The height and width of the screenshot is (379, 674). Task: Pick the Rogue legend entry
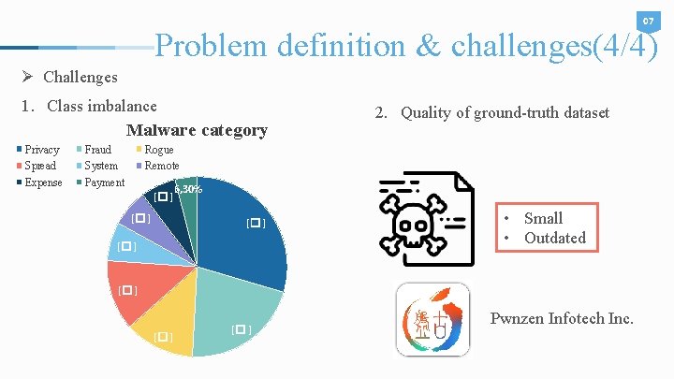pos(158,150)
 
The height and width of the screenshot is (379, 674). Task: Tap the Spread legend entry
pos(39,166)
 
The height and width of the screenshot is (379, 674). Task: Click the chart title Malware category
pos(197,130)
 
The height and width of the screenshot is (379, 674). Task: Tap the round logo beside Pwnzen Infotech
pos(432,320)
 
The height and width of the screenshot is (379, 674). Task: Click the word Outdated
pos(554,238)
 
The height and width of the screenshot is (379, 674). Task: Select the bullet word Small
pos(543,218)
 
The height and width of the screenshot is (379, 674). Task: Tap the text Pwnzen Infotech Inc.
pos(562,319)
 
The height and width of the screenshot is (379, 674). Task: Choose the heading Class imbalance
pos(102,106)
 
